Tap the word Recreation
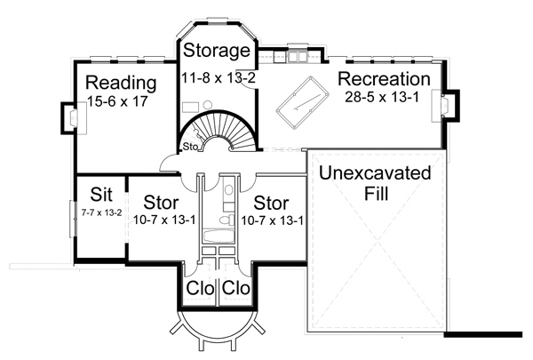point(384,79)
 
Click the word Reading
point(121,84)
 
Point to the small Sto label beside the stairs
point(189,146)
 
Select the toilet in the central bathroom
point(228,214)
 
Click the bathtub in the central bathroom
point(218,236)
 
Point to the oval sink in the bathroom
point(229,188)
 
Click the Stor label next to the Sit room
point(159,201)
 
